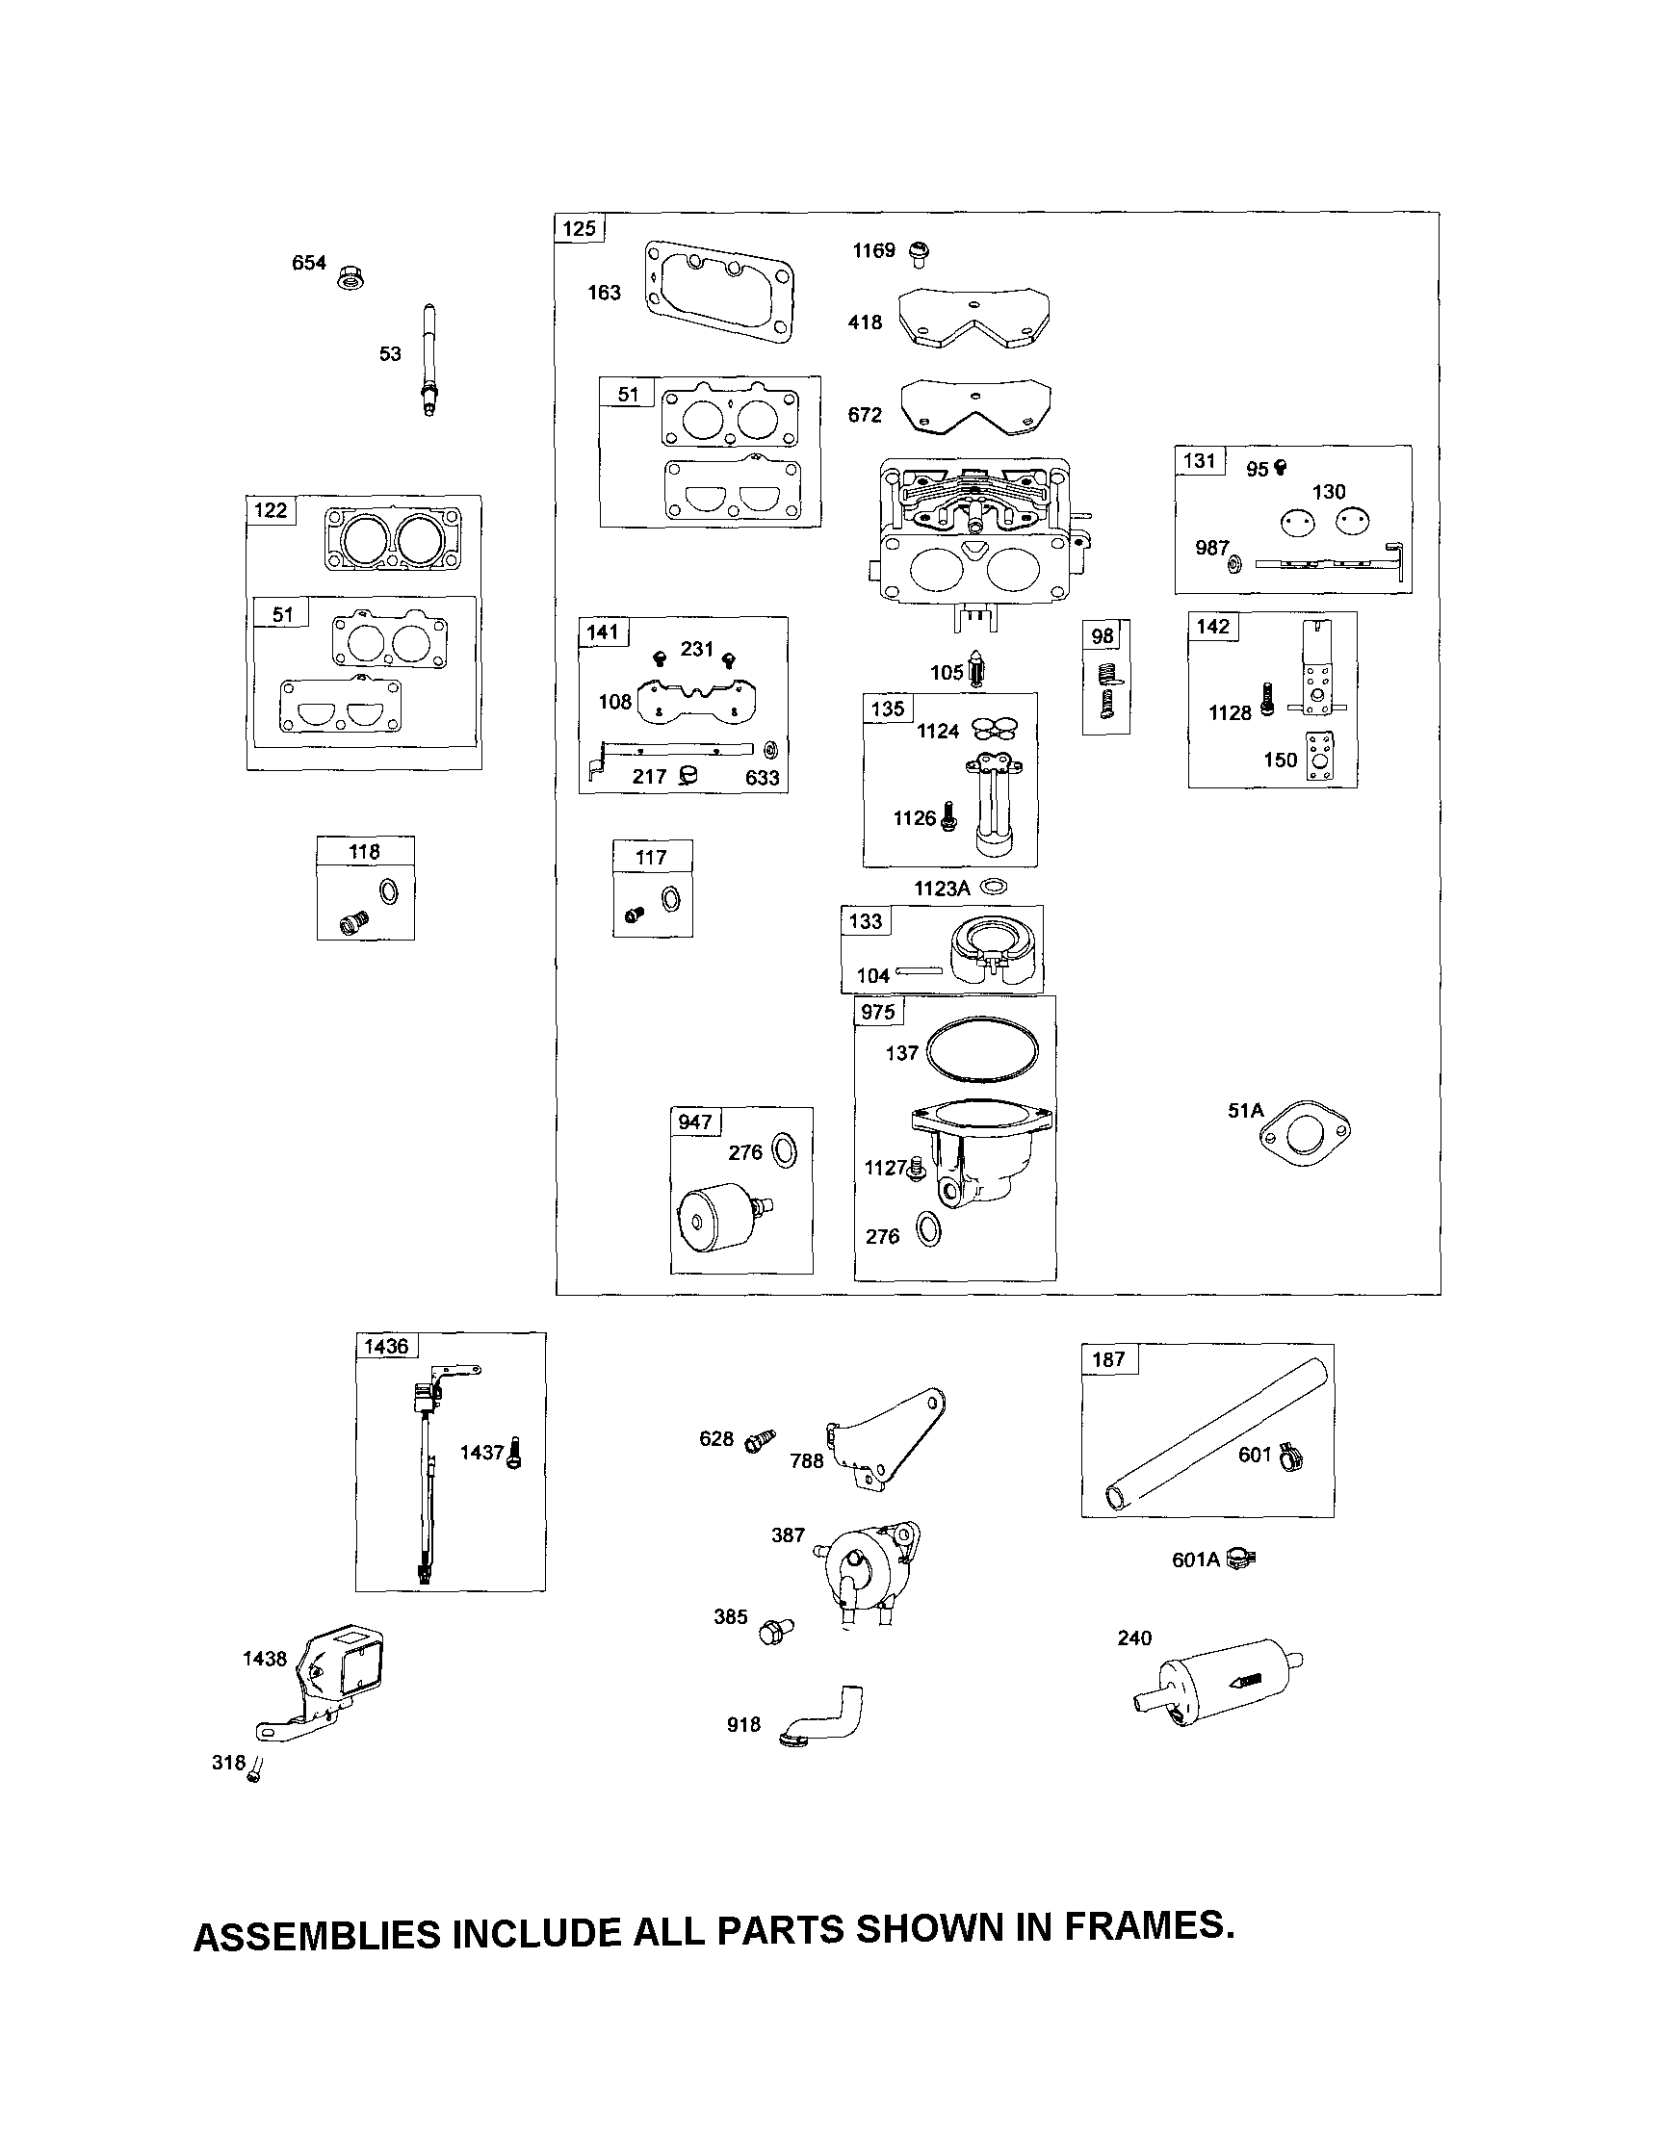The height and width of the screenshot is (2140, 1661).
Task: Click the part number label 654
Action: [x=309, y=263]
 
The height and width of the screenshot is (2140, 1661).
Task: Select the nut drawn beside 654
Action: [x=350, y=277]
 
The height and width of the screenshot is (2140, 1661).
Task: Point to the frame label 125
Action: [x=579, y=228]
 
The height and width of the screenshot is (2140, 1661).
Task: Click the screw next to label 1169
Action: [x=919, y=254]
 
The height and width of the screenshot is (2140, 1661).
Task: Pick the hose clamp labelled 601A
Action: [x=1241, y=1559]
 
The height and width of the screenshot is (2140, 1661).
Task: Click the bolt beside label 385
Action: [x=777, y=1630]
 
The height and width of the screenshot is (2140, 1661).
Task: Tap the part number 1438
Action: [x=265, y=1659]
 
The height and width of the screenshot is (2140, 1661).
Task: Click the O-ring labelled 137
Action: [x=981, y=1051]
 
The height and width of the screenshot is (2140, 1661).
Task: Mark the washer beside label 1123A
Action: [x=994, y=887]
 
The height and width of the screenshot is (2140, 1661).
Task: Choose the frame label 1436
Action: [x=385, y=1347]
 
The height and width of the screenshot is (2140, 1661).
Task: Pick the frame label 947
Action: [x=695, y=1122]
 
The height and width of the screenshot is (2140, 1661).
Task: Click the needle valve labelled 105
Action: [x=977, y=672]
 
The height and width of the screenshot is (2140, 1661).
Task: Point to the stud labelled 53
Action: [x=429, y=360]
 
